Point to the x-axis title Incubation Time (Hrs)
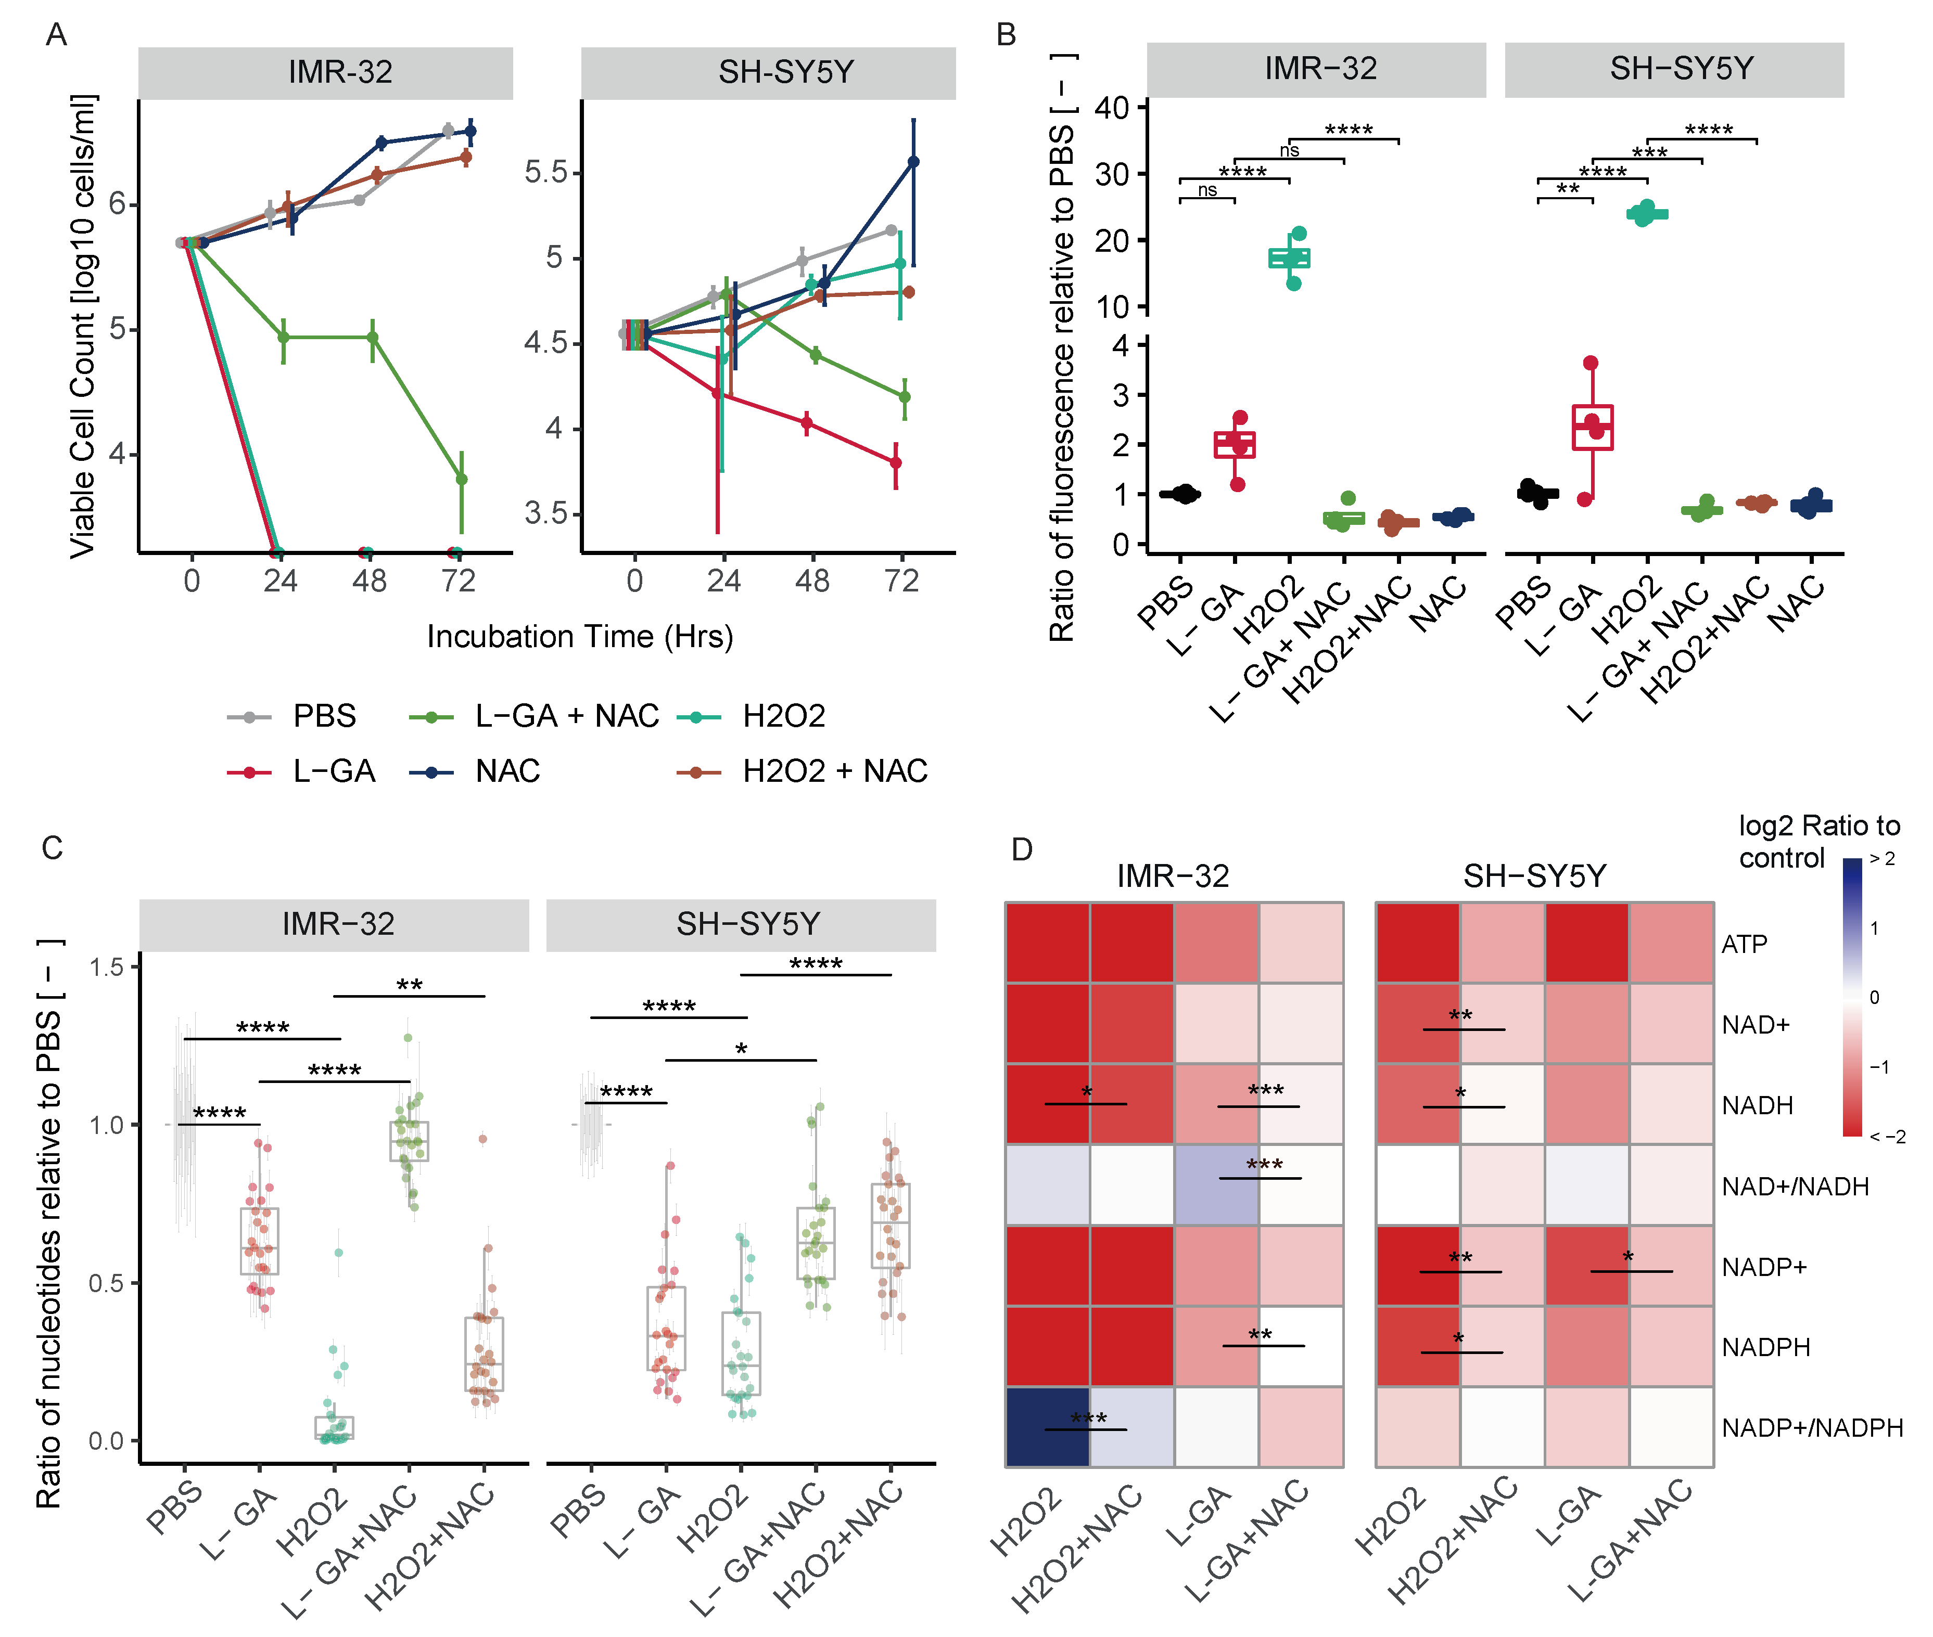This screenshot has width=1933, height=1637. pyautogui.click(x=579, y=637)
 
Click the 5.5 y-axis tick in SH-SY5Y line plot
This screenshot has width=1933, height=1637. pyautogui.click(x=546, y=173)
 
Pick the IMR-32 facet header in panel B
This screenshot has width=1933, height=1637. pyautogui.click(x=1319, y=69)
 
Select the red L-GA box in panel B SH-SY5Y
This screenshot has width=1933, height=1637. pyautogui.click(x=1592, y=428)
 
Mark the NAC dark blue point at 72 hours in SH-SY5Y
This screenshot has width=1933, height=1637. pyautogui.click(x=913, y=162)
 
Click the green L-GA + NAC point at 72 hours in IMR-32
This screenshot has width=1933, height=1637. pyautogui.click(x=462, y=479)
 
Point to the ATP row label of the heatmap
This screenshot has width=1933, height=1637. pyautogui.click(x=1745, y=945)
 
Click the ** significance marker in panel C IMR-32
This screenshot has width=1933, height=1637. pyautogui.click(x=410, y=985)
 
